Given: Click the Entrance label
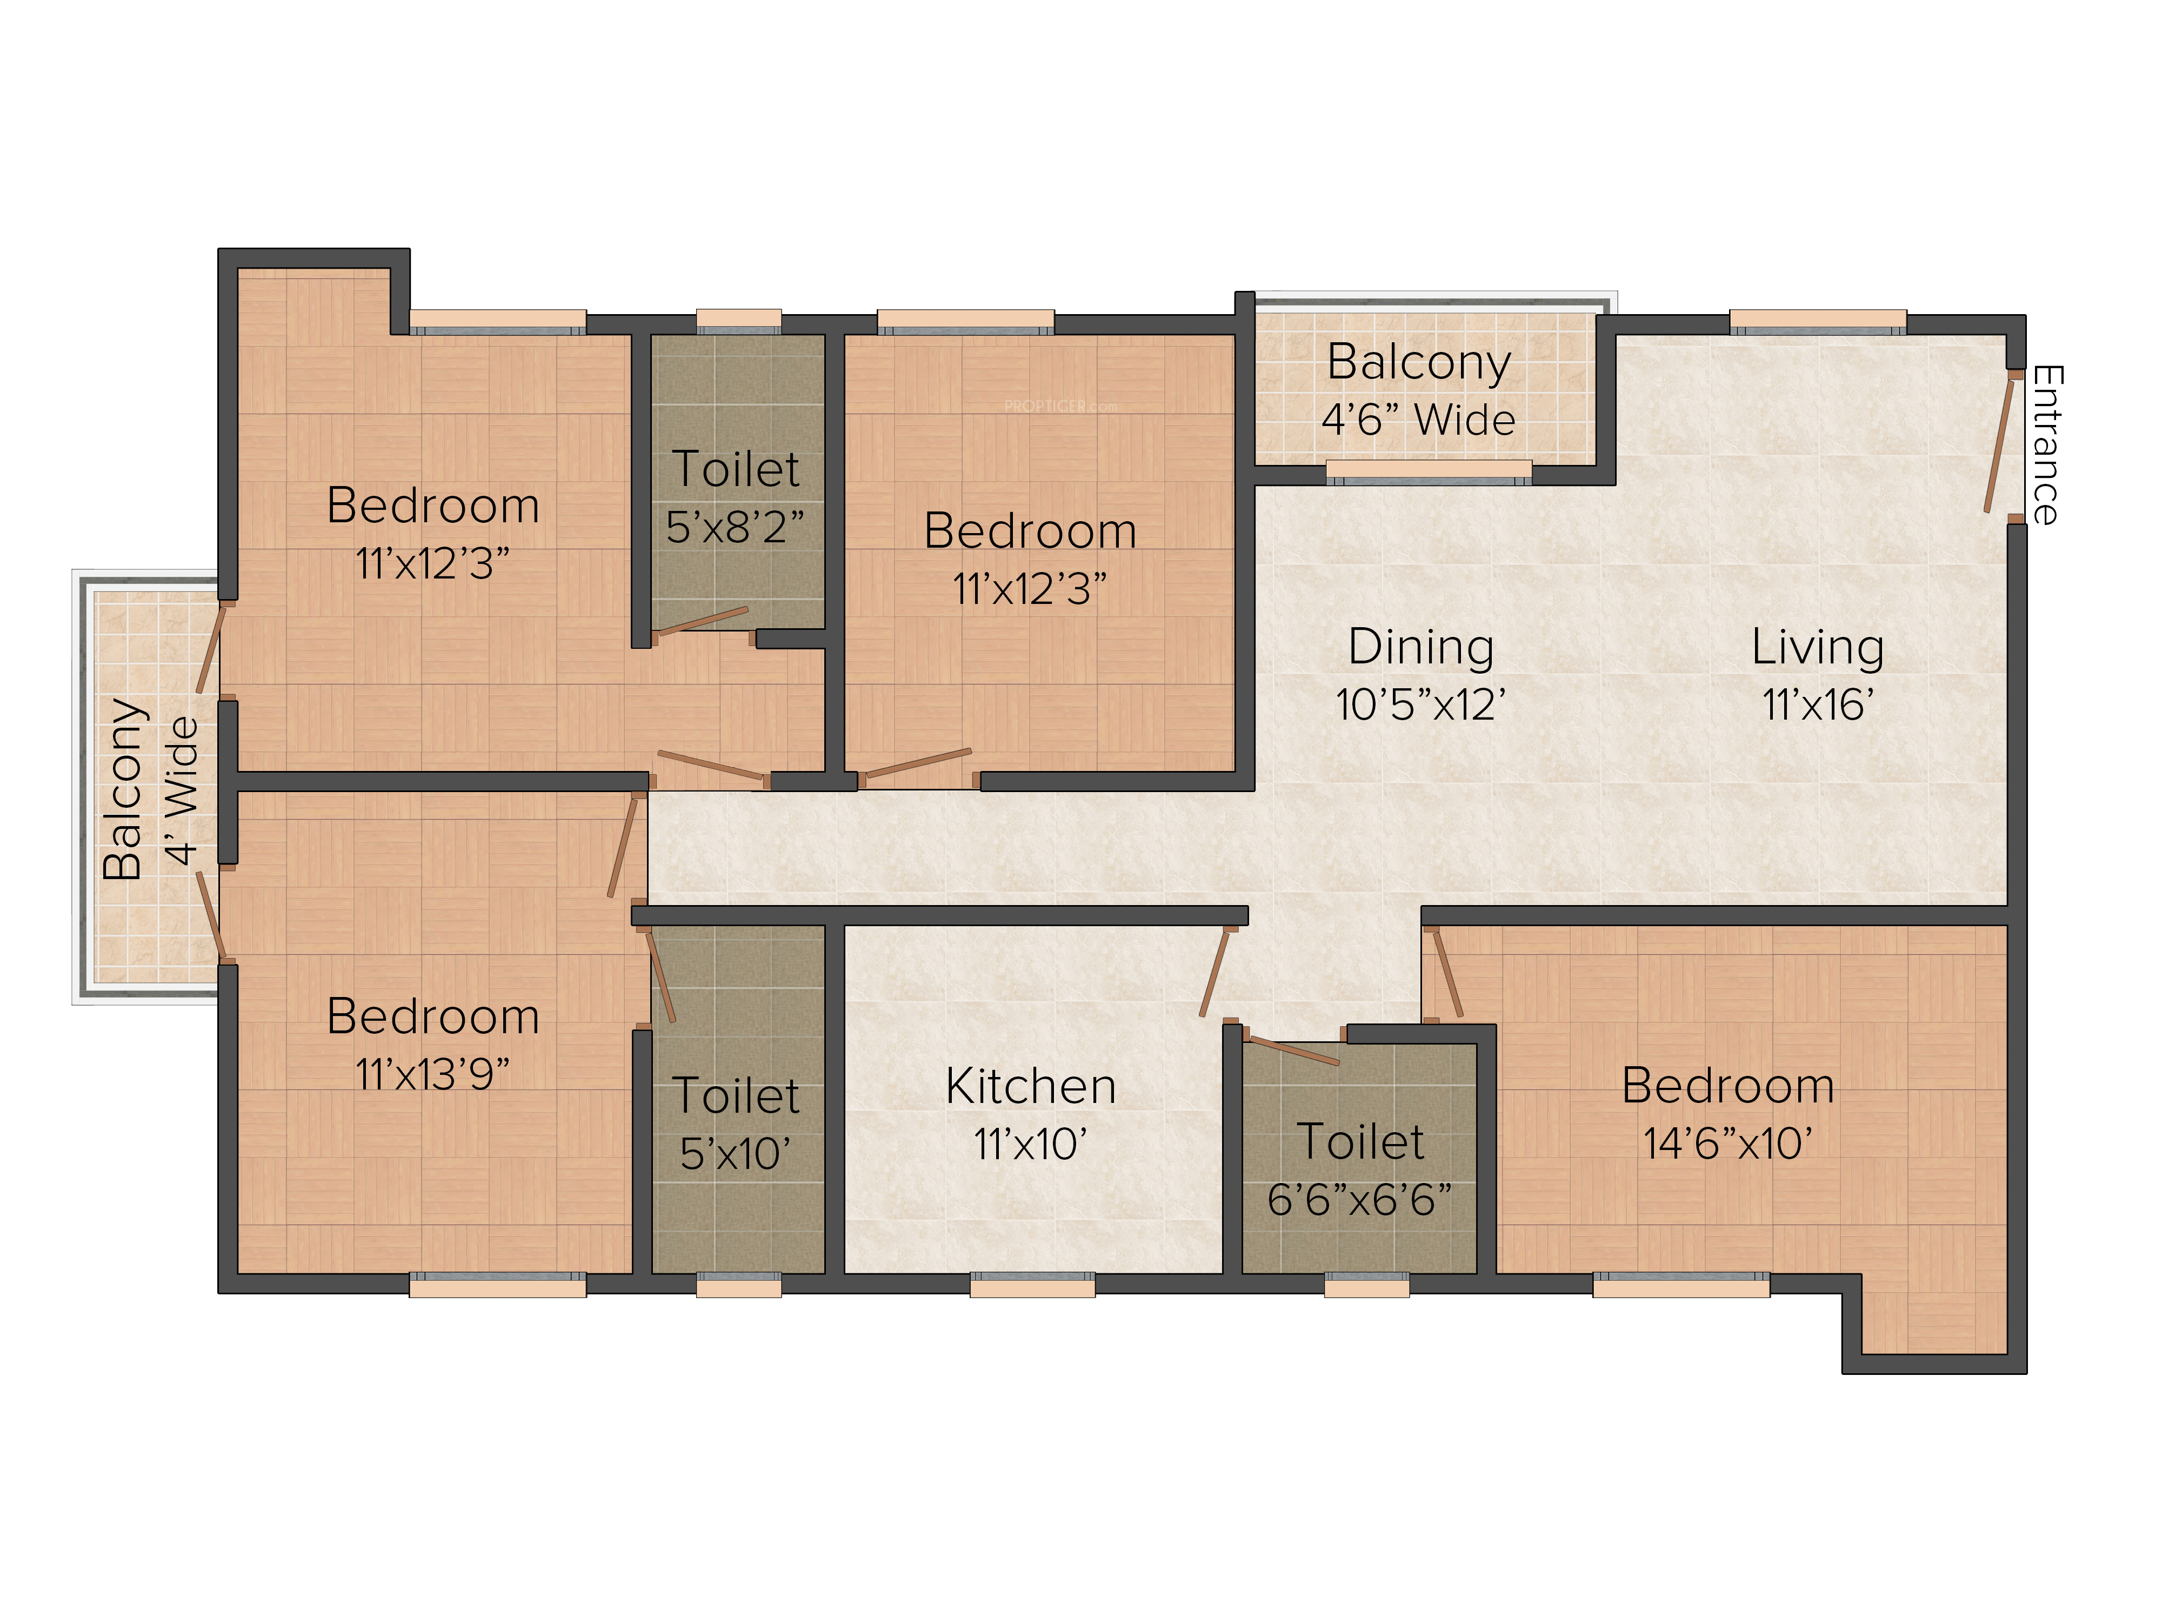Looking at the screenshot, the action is coord(2047,445).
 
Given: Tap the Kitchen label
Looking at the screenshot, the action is coord(1031,1086).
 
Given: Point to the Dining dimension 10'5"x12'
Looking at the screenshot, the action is coord(1420,704).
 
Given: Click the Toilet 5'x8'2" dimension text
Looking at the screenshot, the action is coord(735,527).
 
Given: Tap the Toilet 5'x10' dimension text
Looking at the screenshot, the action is coord(735,1154).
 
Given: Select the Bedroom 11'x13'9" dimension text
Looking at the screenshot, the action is coord(432,1074).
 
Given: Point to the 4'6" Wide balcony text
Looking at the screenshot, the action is coord(1418,420).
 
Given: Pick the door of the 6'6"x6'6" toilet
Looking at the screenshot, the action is coord(1293,1050).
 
